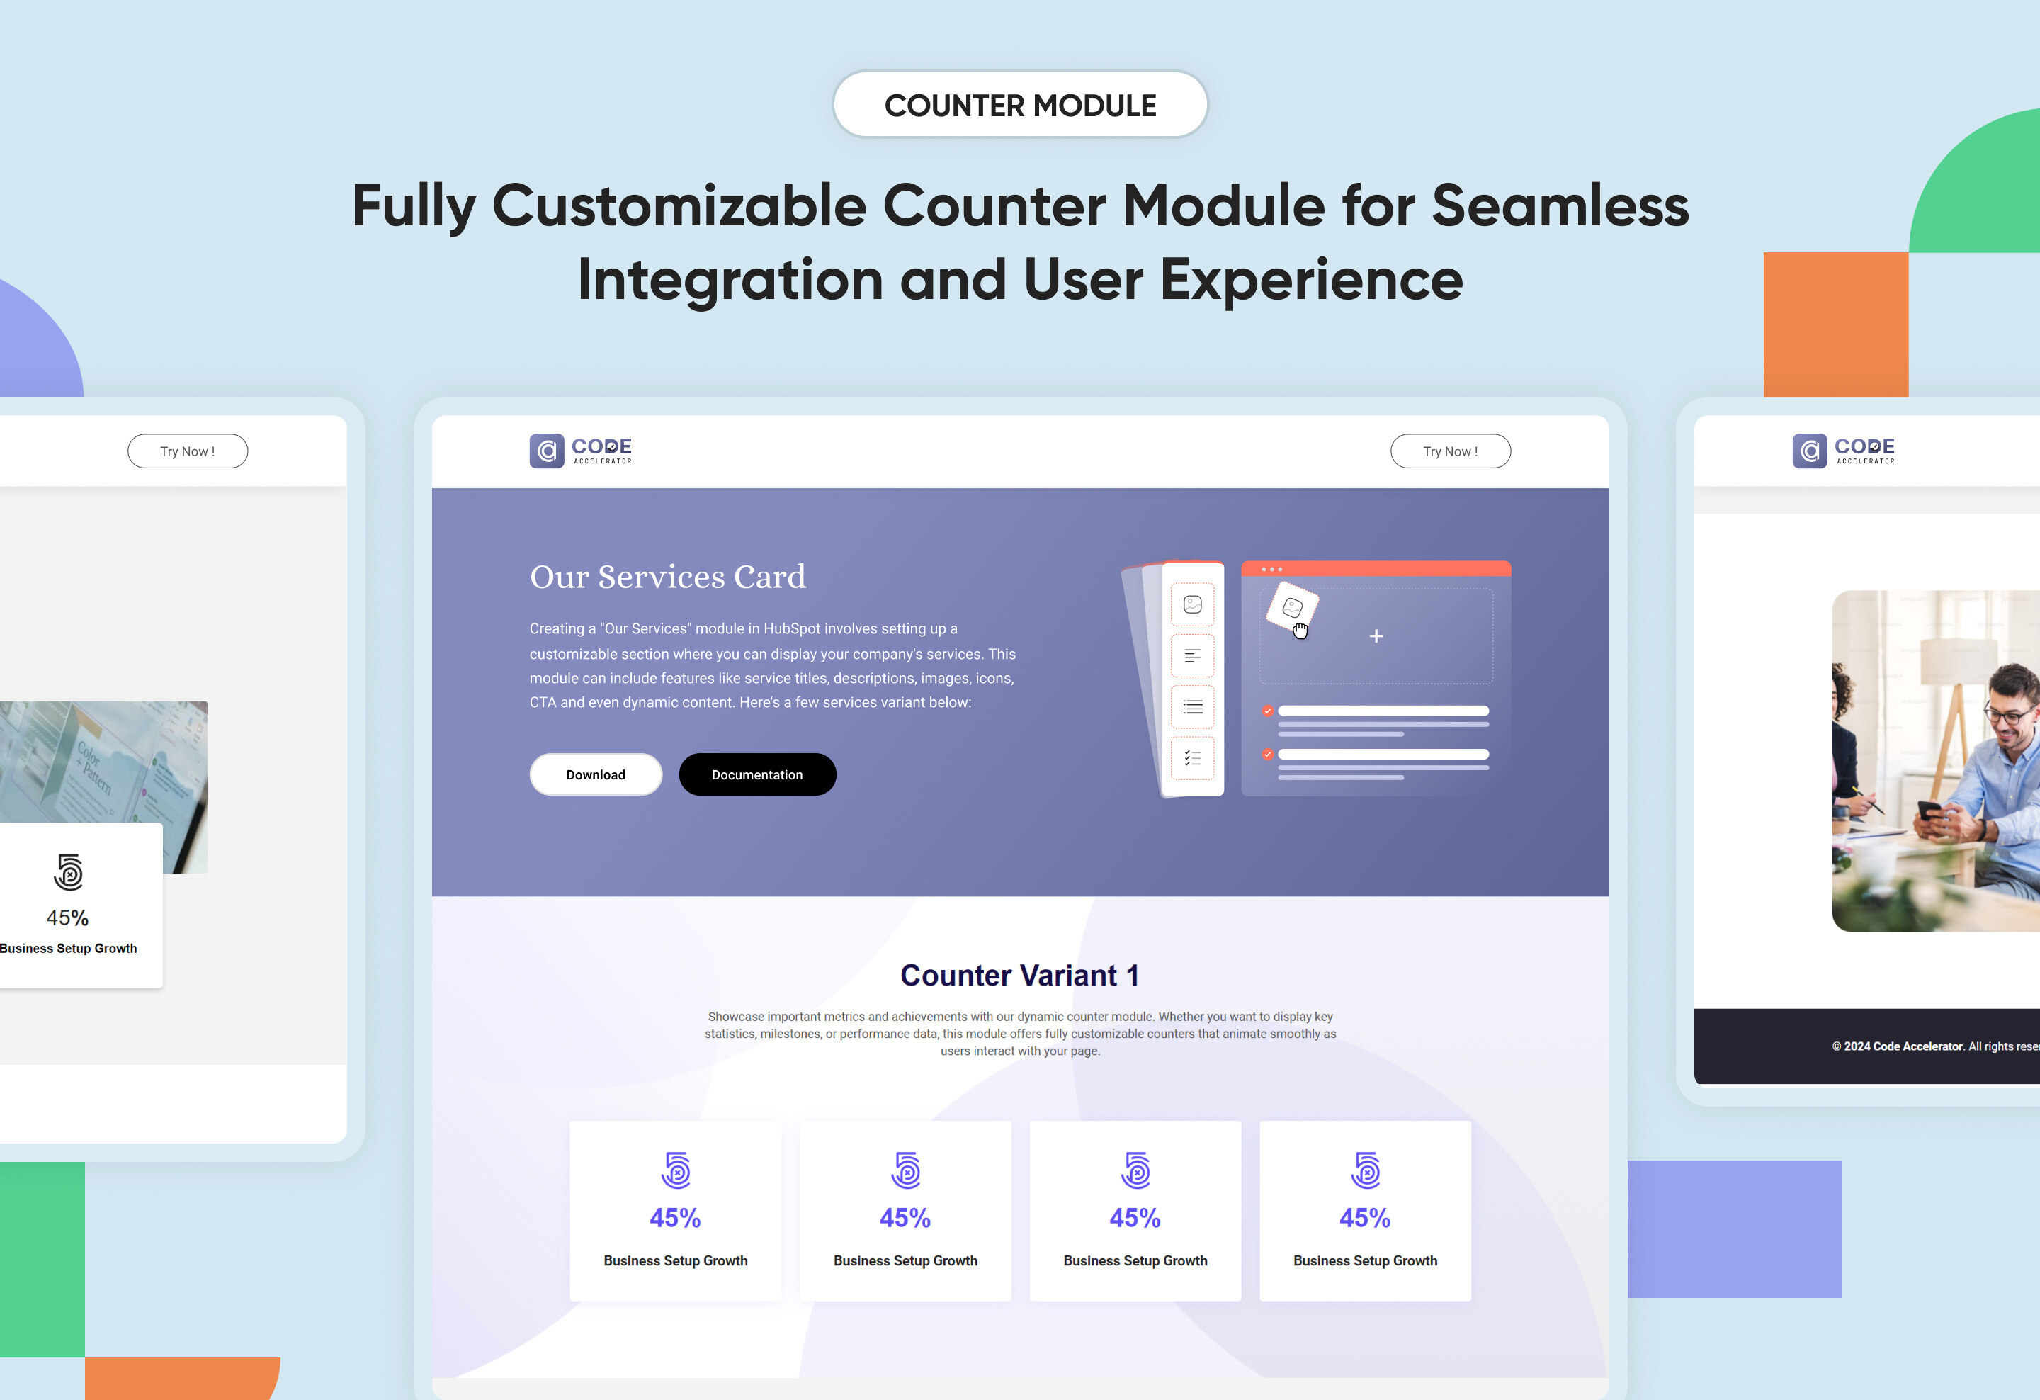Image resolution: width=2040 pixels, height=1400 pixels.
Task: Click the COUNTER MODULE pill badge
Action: pyautogui.click(x=1020, y=104)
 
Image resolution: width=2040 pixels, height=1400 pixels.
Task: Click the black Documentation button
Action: pyautogui.click(x=757, y=774)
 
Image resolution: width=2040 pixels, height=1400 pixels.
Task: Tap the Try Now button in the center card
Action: pyautogui.click(x=1450, y=451)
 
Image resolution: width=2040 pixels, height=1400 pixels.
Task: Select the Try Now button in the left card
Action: pyautogui.click(x=188, y=451)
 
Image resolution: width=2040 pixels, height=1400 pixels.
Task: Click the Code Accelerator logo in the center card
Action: pyautogui.click(x=580, y=451)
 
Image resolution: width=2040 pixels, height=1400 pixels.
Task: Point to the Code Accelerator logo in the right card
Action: pyautogui.click(x=1843, y=451)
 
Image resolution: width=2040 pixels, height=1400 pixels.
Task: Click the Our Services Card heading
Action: pyautogui.click(x=668, y=577)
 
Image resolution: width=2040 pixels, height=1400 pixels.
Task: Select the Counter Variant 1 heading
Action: pyautogui.click(x=1020, y=975)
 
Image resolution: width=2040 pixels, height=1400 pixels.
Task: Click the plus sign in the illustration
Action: pyautogui.click(x=1376, y=636)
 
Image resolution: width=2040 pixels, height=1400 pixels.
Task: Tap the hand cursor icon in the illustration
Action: pyautogui.click(x=1300, y=631)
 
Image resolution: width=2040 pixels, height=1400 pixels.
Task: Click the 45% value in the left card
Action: pyautogui.click(x=67, y=918)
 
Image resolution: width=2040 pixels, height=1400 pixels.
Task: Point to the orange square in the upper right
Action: pyautogui.click(x=1836, y=324)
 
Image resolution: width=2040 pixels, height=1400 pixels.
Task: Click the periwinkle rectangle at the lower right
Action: pyautogui.click(x=1735, y=1229)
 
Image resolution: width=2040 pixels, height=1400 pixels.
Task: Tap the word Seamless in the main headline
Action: pyautogui.click(x=1560, y=205)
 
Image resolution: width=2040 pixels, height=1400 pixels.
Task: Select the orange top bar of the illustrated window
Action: pyautogui.click(x=1376, y=569)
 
